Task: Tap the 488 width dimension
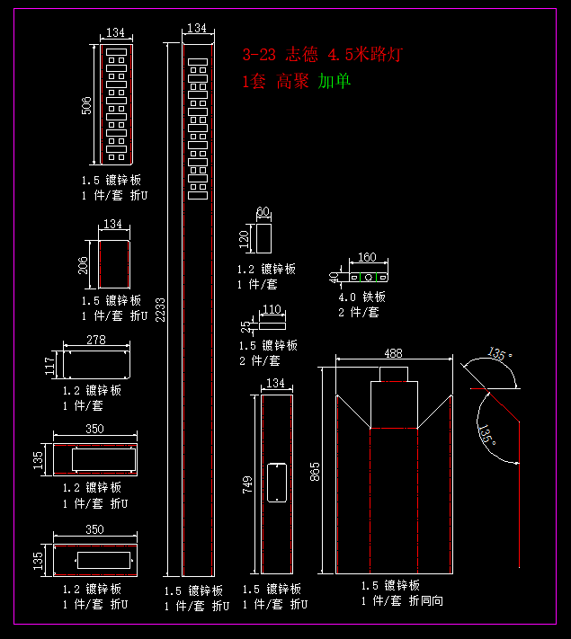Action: pos(394,354)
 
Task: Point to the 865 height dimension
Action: pos(315,471)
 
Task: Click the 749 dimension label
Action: pos(246,484)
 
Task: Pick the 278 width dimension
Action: pos(96,340)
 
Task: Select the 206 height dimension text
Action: pos(84,264)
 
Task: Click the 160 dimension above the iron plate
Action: pos(367,258)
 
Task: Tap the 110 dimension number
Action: pos(272,310)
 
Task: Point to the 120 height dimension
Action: pos(243,240)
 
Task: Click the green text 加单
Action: pos(335,82)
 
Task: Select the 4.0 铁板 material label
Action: pos(361,297)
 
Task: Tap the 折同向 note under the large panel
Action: pos(425,600)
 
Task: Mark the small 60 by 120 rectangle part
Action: pos(263,239)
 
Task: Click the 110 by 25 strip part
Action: pos(272,322)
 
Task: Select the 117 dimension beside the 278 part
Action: pos(50,365)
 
